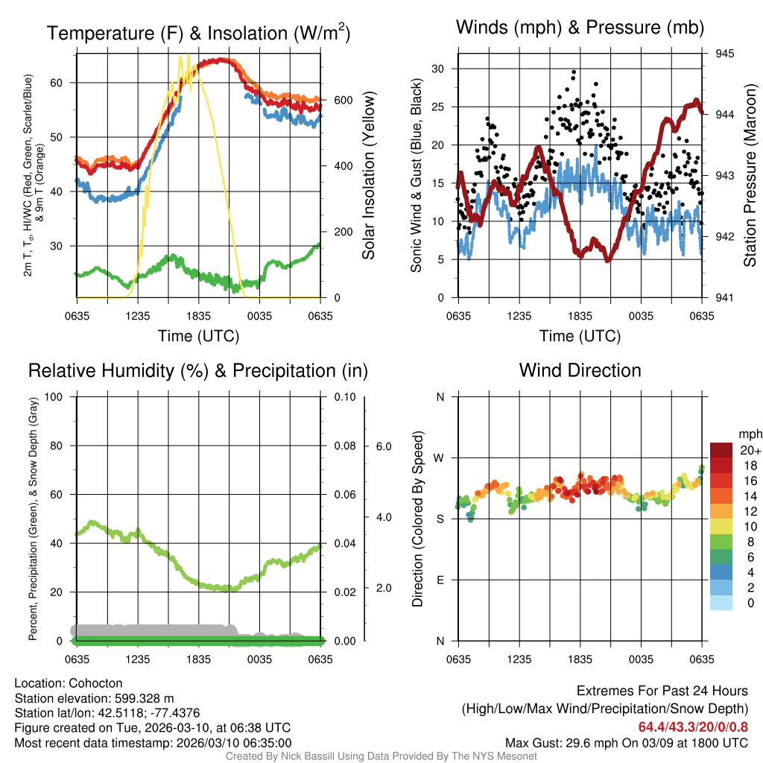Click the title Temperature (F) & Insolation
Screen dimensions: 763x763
tap(198, 33)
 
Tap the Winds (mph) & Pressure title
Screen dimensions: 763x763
tap(580, 28)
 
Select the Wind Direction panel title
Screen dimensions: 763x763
tap(580, 370)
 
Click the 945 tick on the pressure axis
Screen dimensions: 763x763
tap(725, 54)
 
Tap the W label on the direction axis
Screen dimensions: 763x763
tap(440, 458)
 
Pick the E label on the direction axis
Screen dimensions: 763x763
tap(440, 580)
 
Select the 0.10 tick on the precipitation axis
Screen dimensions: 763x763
tap(344, 396)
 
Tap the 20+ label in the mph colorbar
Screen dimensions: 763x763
tap(749, 450)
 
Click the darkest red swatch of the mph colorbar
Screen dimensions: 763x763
tap(721, 450)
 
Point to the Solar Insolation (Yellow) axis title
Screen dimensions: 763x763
tap(368, 176)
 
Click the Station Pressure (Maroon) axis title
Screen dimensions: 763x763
tap(750, 176)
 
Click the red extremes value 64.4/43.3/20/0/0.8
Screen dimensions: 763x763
tap(693, 727)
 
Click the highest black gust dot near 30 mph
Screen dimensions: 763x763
tap(573, 72)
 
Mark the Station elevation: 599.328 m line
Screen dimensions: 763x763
tap(94, 698)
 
